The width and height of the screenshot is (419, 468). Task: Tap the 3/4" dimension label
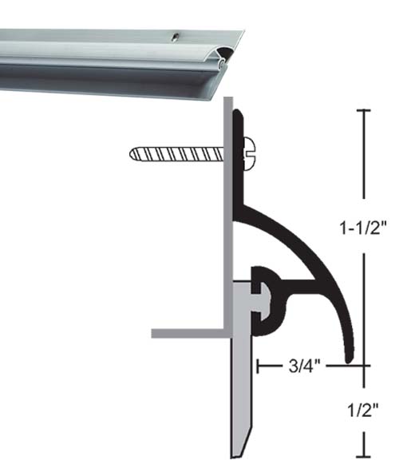pos(304,367)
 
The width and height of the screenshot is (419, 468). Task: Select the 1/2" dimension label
pos(364,410)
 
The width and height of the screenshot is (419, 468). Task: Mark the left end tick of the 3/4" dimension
pos(259,367)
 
